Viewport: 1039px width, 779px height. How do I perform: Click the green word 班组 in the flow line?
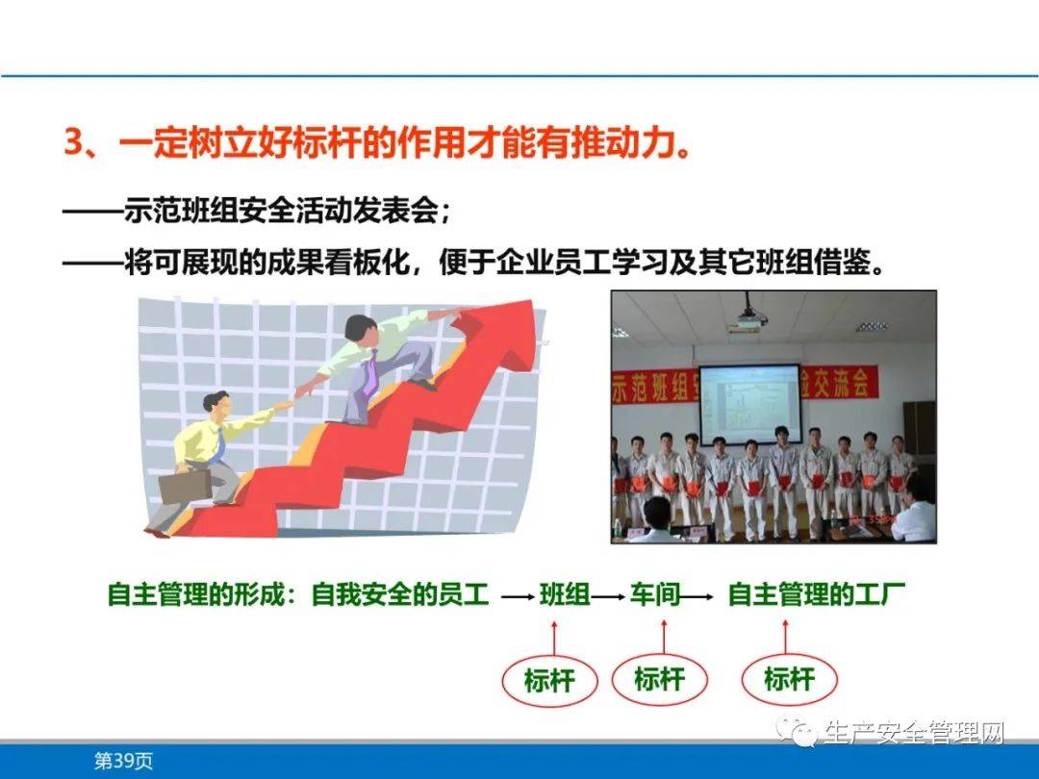click(565, 594)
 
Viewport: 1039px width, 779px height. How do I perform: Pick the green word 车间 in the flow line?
click(655, 594)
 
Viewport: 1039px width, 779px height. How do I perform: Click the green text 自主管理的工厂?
click(816, 594)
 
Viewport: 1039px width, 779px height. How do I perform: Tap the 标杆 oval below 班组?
click(549, 681)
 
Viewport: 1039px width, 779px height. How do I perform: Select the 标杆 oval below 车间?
click(659, 679)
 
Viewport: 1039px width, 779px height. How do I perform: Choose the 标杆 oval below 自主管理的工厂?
click(789, 679)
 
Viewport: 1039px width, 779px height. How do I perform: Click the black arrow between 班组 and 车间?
click(610, 596)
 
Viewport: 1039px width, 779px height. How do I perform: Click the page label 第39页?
click(123, 761)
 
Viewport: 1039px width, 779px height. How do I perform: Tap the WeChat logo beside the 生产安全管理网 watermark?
click(798, 735)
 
